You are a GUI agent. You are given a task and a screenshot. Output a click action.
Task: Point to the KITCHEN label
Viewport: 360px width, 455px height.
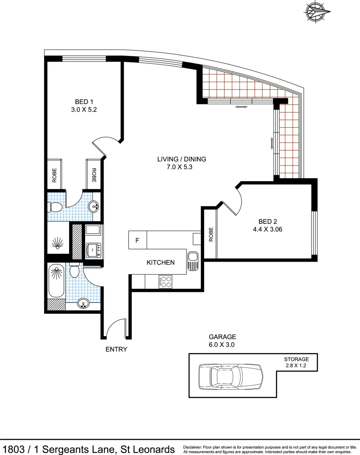160,262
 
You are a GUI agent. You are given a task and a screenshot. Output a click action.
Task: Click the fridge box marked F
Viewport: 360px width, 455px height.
137,241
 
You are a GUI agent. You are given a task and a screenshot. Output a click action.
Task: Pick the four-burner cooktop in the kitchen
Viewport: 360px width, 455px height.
165,281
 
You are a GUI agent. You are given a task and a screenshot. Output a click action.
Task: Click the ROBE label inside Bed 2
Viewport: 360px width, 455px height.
211,235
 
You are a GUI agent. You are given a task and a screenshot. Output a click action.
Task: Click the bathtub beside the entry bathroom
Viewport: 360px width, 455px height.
56,281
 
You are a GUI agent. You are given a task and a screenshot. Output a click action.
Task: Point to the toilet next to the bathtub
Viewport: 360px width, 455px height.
75,270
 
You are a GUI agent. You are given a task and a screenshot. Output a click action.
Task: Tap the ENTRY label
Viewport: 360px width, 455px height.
116,349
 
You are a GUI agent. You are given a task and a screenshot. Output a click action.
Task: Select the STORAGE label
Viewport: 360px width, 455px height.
296,359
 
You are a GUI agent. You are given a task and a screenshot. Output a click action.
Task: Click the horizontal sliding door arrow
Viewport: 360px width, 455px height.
241,108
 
